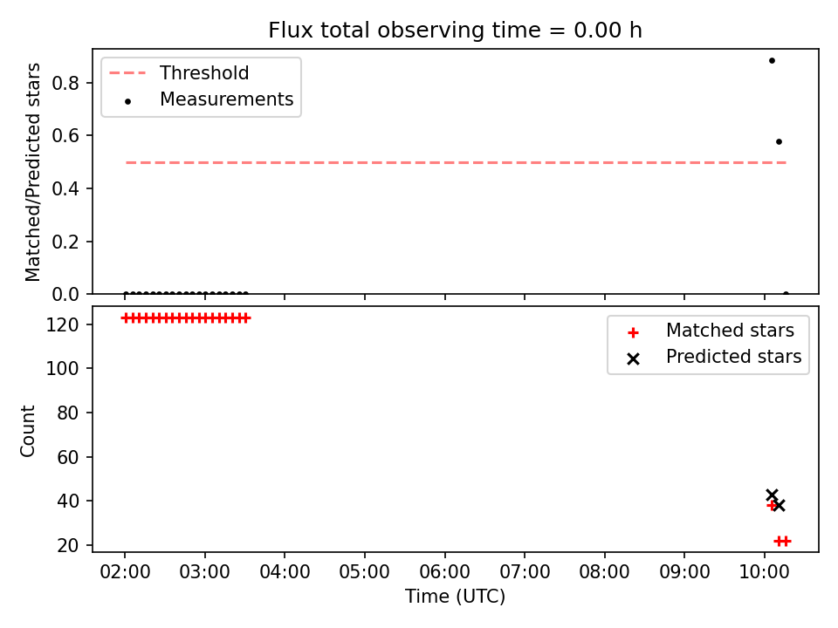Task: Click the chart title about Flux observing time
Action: click(455, 31)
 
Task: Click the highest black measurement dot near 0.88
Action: click(772, 60)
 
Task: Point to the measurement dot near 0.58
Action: click(779, 141)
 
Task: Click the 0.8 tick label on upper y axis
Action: click(65, 84)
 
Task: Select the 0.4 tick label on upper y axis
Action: click(65, 189)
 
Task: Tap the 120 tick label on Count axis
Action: click(62, 324)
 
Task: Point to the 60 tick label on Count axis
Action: click(68, 457)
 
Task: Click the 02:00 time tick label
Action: click(125, 572)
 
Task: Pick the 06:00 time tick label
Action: click(444, 572)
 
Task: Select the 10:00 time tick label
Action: click(765, 572)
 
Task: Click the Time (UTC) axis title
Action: click(455, 596)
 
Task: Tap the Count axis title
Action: click(27, 430)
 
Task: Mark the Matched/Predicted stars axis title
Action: click(32, 172)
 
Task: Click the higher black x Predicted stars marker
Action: click(772, 495)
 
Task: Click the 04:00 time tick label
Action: click(285, 572)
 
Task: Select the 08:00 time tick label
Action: click(604, 572)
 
